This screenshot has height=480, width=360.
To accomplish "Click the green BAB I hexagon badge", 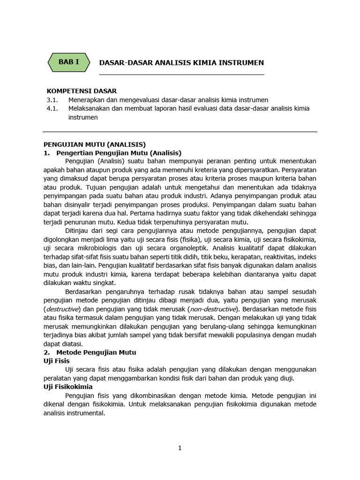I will point(68,62).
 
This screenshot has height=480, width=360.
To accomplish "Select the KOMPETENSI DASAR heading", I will point(82,91).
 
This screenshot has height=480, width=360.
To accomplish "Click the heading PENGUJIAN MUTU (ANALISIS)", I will point(95,144).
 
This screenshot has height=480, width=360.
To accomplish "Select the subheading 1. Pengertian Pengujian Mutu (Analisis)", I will point(112,153).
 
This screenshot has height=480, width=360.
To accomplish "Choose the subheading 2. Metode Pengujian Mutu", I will point(90,352).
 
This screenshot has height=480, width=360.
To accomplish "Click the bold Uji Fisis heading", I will point(56,361).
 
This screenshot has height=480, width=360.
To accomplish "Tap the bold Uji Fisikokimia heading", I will point(68,387).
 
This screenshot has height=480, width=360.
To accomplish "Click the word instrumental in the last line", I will point(87,413).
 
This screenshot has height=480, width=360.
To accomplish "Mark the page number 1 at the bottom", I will point(180,448).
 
